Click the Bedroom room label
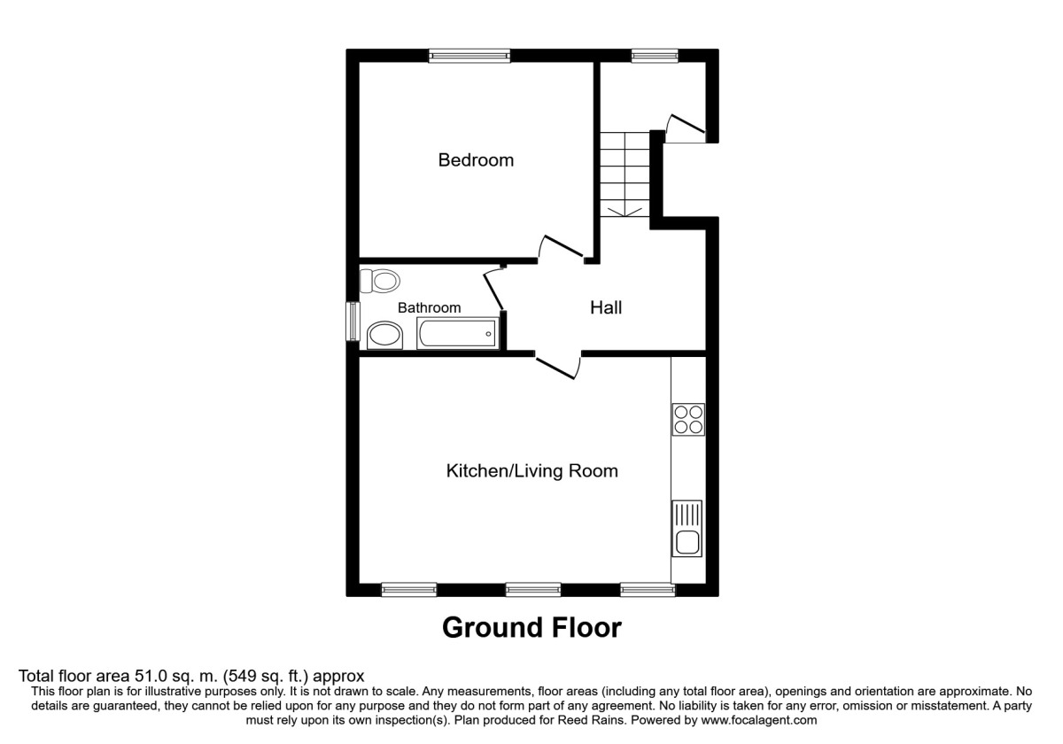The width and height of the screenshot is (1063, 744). point(476,160)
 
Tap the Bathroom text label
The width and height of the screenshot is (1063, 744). point(429,307)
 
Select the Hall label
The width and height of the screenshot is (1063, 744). point(606,307)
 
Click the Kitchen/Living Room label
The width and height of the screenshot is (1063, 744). point(531,470)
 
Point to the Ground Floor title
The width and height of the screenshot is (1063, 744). point(531,628)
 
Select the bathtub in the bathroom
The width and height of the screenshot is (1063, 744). point(457,334)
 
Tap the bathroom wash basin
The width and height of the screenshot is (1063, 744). point(383,335)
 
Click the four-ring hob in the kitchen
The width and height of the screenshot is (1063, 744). point(688,419)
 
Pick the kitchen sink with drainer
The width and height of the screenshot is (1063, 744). point(687,529)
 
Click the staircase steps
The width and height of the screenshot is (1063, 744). point(625,174)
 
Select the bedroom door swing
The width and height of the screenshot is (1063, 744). point(560,248)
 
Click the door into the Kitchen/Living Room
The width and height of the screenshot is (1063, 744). point(558,365)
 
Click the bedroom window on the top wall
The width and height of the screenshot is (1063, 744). point(469,56)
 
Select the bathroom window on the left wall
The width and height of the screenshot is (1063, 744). point(353,321)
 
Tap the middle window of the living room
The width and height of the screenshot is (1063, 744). point(533,588)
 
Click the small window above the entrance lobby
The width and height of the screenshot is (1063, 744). point(655,56)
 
